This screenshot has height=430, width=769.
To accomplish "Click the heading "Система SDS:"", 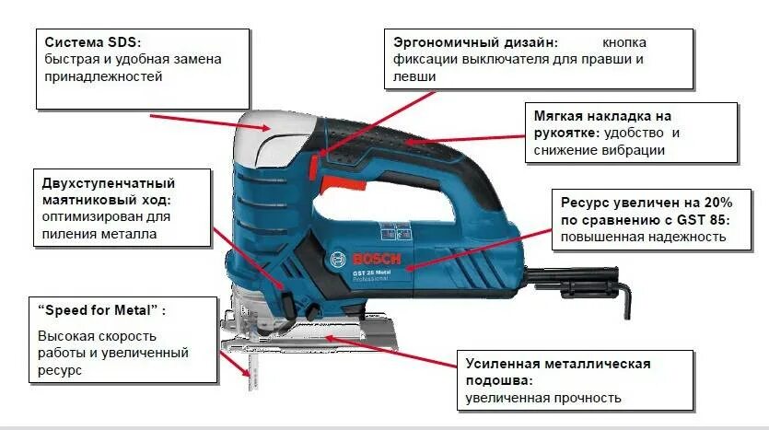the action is [94, 41].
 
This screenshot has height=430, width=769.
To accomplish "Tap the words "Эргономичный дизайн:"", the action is [475, 42].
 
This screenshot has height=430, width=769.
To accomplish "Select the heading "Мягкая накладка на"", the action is [602, 117].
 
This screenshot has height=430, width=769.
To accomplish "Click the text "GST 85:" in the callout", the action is [699, 219].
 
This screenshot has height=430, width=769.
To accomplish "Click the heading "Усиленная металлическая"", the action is [558, 364].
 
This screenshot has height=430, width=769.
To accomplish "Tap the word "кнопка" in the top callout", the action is [624, 42].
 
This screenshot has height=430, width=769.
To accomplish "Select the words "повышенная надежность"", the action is [639, 237].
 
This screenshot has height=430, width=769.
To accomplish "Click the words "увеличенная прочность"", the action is [543, 398].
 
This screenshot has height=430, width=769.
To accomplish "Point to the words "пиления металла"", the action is [99, 234].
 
